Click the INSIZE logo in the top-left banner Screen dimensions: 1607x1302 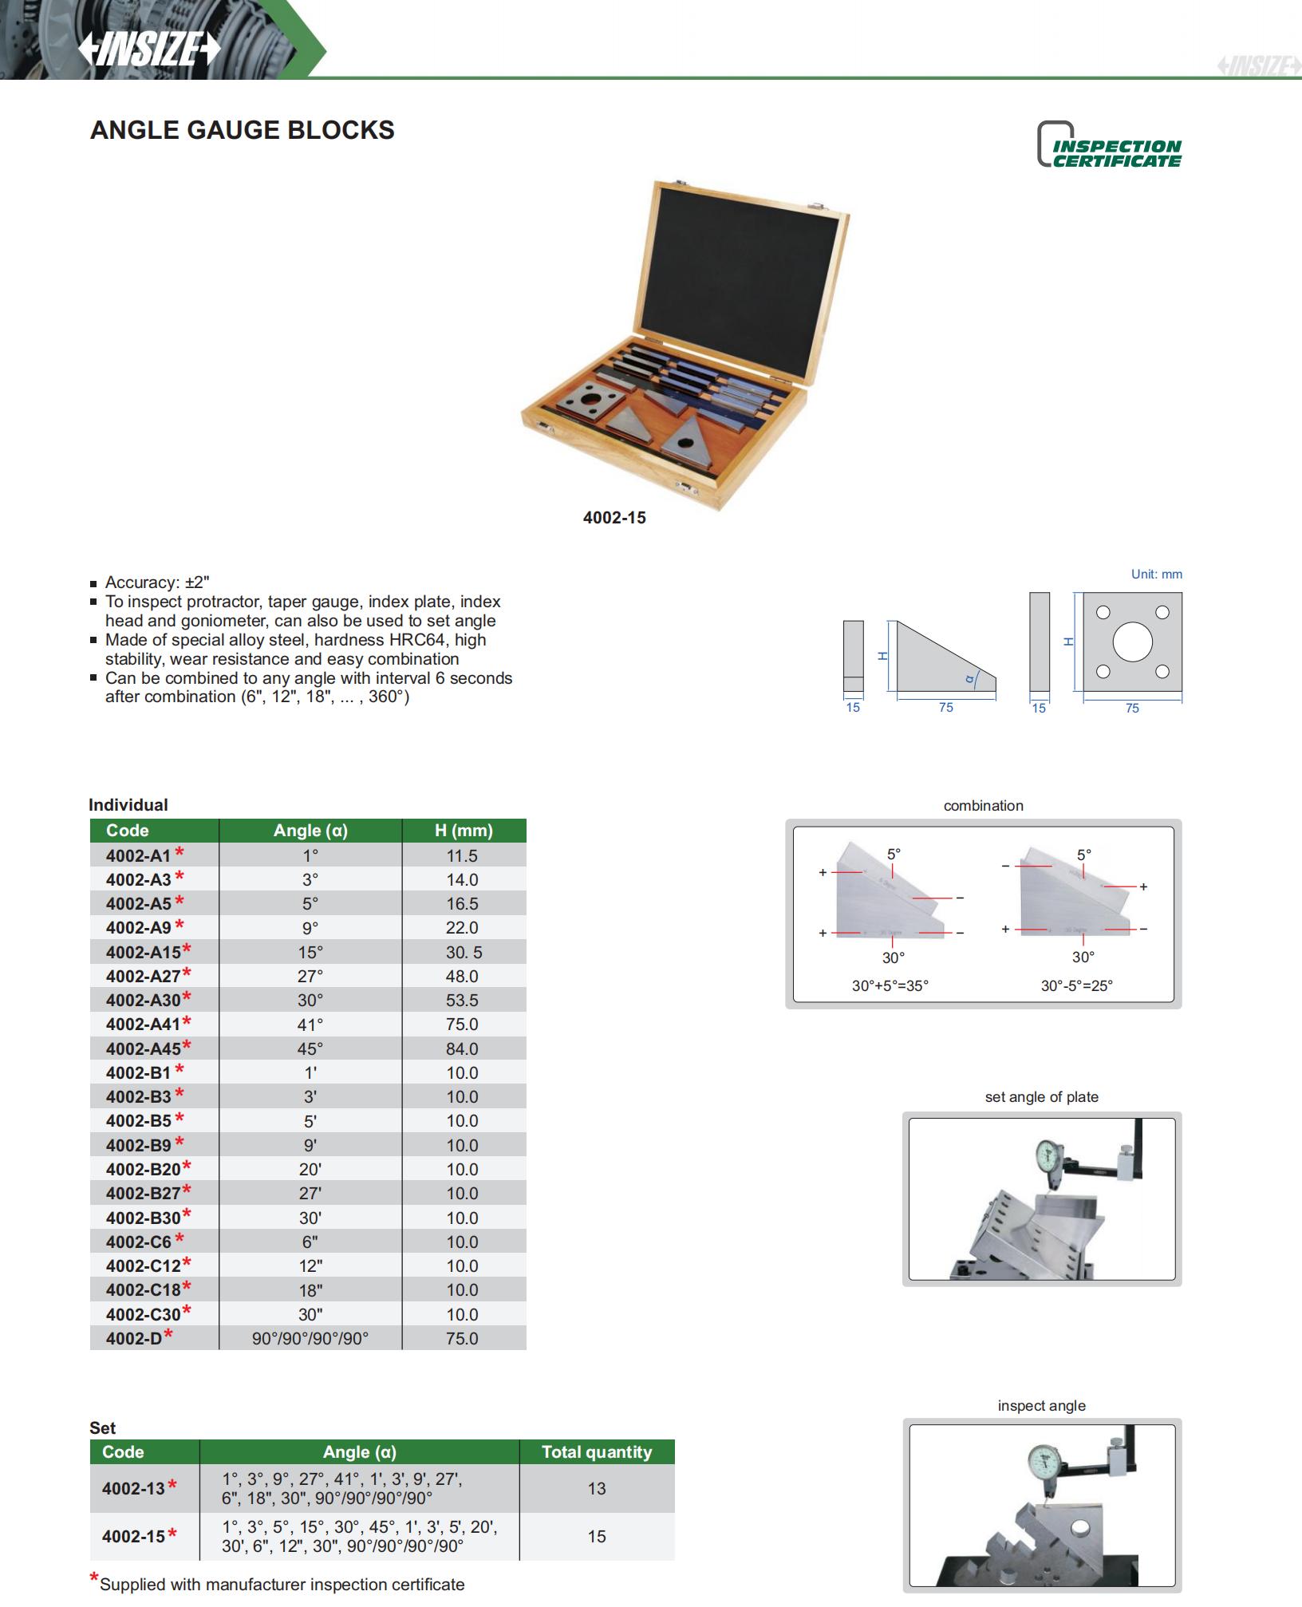pos(149,49)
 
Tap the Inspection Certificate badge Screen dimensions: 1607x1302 pos(1109,145)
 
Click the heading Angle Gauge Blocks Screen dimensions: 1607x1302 pos(243,130)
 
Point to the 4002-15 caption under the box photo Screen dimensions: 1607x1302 pos(614,518)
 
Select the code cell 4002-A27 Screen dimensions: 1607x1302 pos(144,976)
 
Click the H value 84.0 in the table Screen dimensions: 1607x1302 pos(462,1048)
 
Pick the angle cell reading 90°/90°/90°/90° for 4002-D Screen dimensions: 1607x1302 pos(310,1338)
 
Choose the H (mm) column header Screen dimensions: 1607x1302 pos(464,831)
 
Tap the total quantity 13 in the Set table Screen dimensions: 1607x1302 pos(597,1488)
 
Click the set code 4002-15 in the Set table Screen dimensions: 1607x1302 pos(134,1536)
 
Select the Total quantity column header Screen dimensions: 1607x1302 pos(597,1452)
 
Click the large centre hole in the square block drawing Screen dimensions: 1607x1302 pos(1132,642)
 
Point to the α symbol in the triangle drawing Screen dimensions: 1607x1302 pos(970,679)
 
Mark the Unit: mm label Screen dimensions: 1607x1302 pos(1156,574)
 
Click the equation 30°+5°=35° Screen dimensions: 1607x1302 pos(890,985)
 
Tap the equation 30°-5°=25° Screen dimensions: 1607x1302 pos(1076,985)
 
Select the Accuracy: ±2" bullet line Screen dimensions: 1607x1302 pos(157,582)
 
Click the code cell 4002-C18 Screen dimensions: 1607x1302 pos(144,1290)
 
